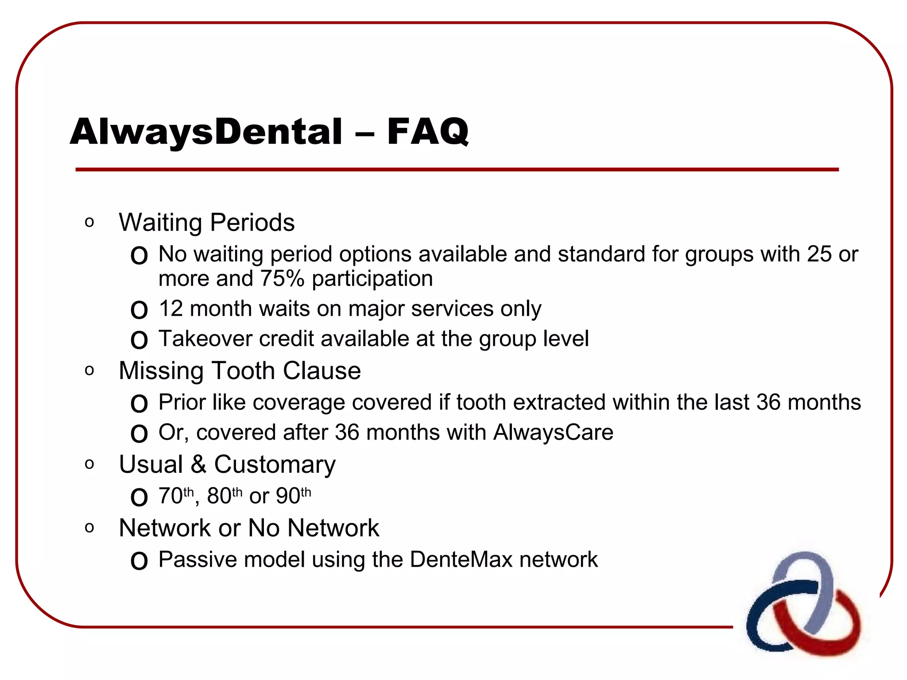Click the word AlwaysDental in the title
(x=206, y=131)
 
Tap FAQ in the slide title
(x=427, y=131)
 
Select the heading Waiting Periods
(x=206, y=222)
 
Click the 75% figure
(x=282, y=279)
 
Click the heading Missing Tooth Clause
(x=240, y=371)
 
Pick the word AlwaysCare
(x=553, y=433)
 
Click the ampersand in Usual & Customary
(x=198, y=464)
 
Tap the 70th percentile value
(x=176, y=495)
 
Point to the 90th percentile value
(x=293, y=495)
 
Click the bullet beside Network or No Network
(x=89, y=528)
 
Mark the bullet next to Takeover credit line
(x=139, y=340)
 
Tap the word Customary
(x=275, y=464)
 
